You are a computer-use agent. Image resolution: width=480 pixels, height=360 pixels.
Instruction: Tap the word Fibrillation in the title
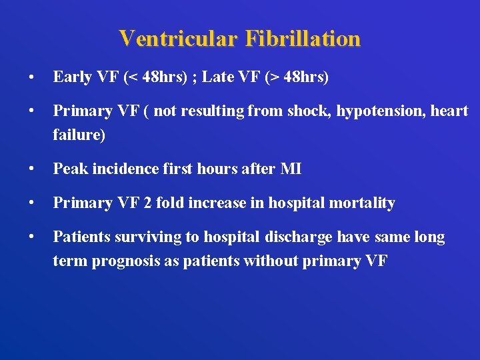click(x=303, y=39)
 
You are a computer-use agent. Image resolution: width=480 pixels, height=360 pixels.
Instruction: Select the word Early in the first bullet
click(x=73, y=77)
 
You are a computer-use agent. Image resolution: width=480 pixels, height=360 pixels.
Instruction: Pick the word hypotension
click(x=384, y=111)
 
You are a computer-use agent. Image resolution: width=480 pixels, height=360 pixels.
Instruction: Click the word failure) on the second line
click(x=79, y=135)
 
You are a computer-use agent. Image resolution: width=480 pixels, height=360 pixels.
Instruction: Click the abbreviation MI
click(x=291, y=169)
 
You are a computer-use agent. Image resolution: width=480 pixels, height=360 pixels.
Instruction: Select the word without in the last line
click(x=272, y=261)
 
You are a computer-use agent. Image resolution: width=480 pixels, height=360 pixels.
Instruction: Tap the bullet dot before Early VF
click(x=32, y=78)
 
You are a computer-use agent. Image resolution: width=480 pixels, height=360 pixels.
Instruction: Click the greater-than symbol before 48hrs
click(x=273, y=78)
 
